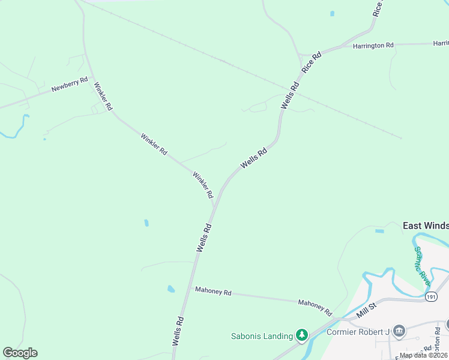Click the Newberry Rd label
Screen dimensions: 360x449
[x=70, y=84]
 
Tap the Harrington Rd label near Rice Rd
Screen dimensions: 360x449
[x=373, y=46]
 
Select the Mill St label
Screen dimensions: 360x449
[x=367, y=310]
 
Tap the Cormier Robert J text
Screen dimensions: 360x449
[x=358, y=332]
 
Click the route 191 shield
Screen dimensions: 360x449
[x=430, y=296]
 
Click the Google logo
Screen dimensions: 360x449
[x=20, y=353]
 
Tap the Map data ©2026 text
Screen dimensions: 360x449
[x=424, y=355]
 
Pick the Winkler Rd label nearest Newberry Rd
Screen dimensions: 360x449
[x=103, y=96]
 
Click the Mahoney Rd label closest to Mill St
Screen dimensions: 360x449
[x=315, y=307]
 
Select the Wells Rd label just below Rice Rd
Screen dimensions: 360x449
[x=290, y=96]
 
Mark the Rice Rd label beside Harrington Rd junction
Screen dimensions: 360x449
[x=312, y=62]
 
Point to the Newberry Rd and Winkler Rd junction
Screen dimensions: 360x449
[x=86, y=76]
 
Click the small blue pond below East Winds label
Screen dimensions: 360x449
[x=379, y=231]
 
